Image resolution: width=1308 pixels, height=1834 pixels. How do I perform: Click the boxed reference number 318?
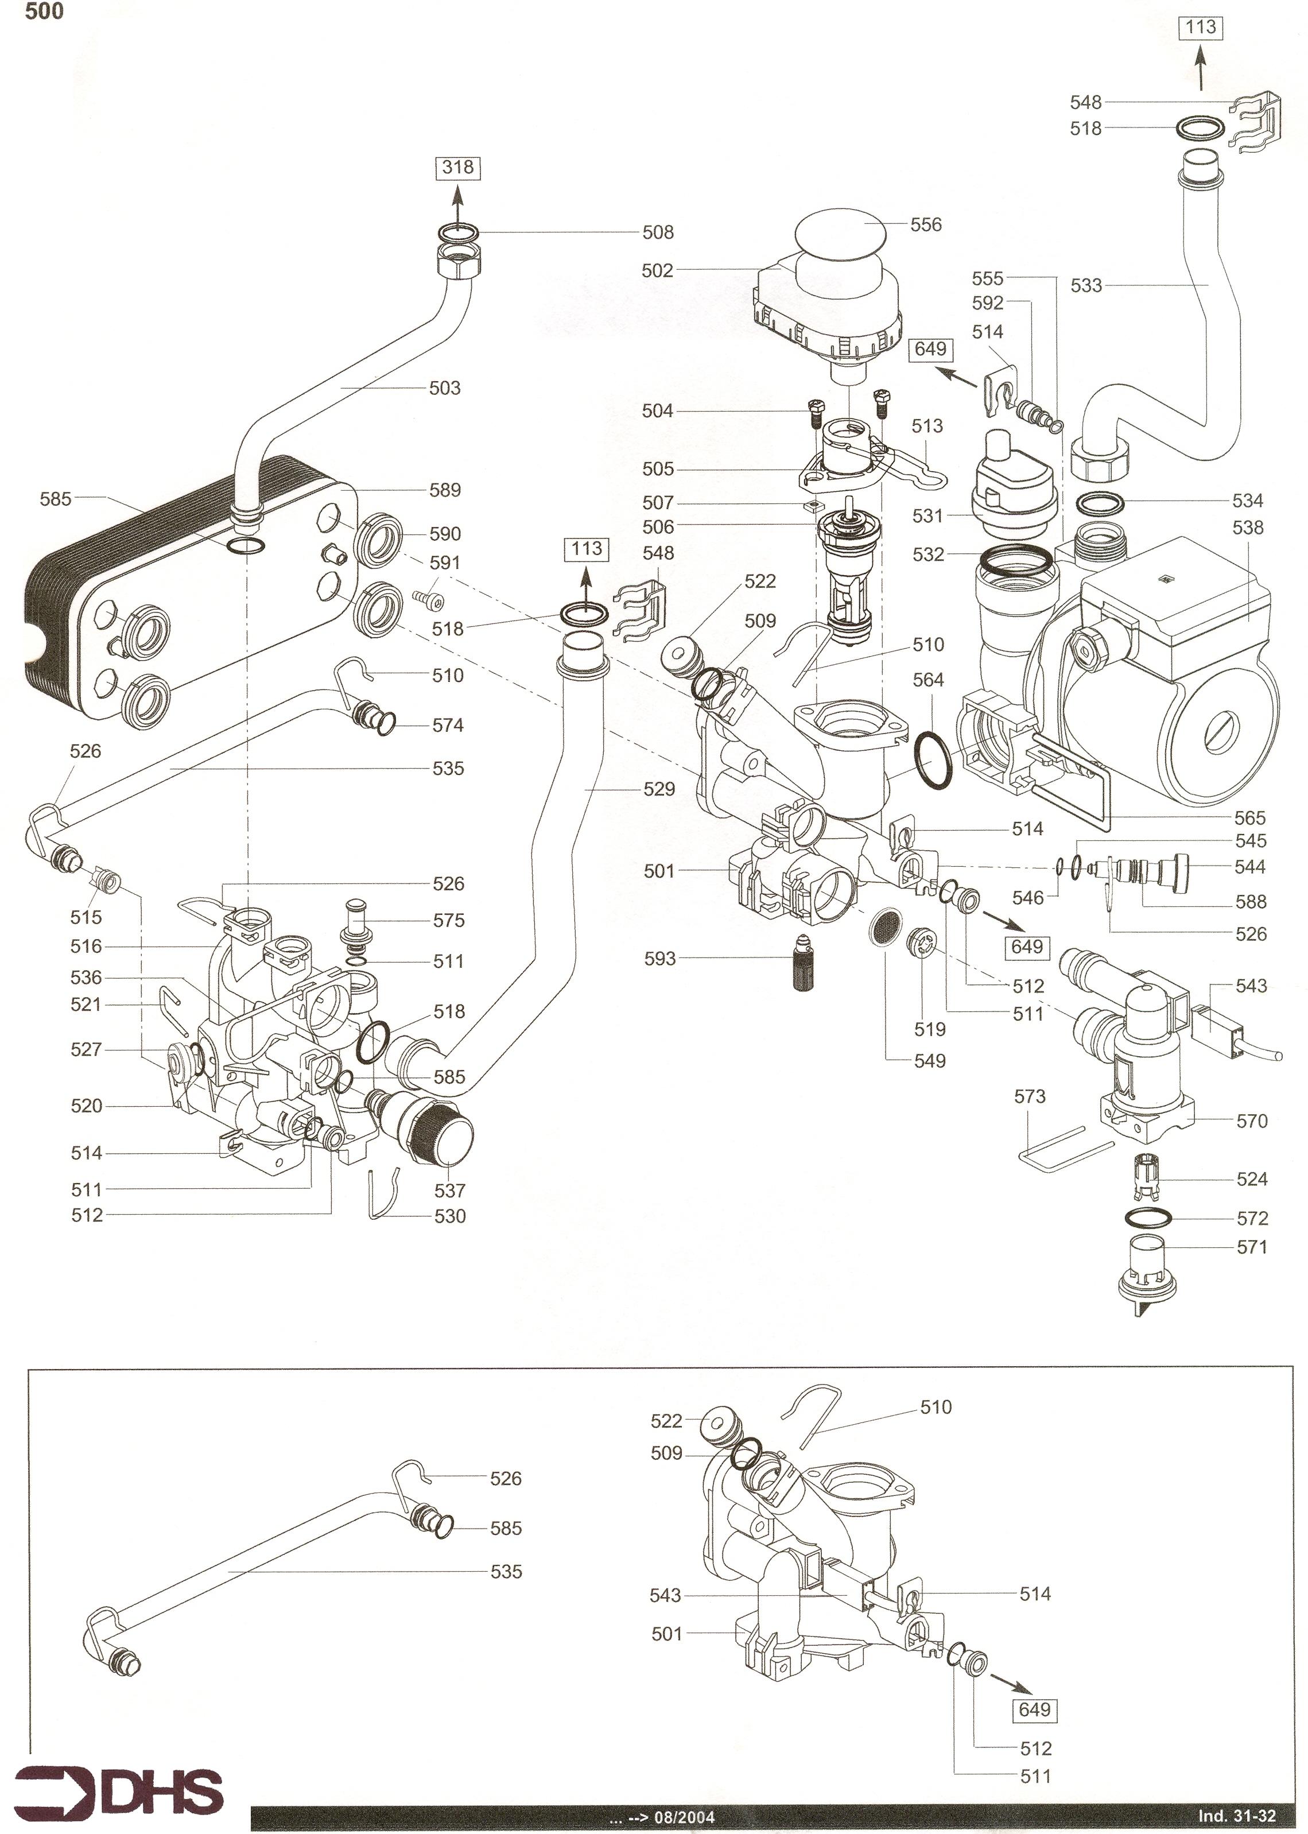(x=457, y=168)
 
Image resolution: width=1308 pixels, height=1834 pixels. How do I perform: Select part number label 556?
(x=925, y=224)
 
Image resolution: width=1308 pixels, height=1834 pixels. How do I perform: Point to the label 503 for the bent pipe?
(x=445, y=388)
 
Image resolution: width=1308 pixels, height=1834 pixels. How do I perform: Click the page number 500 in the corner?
(x=44, y=12)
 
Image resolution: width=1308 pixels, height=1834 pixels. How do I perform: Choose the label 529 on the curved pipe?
(x=659, y=789)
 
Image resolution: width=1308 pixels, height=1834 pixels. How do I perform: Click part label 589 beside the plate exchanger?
(x=445, y=490)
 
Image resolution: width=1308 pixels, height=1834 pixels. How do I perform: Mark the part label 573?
(x=1029, y=1096)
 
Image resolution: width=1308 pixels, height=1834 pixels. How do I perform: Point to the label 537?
(x=449, y=1191)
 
